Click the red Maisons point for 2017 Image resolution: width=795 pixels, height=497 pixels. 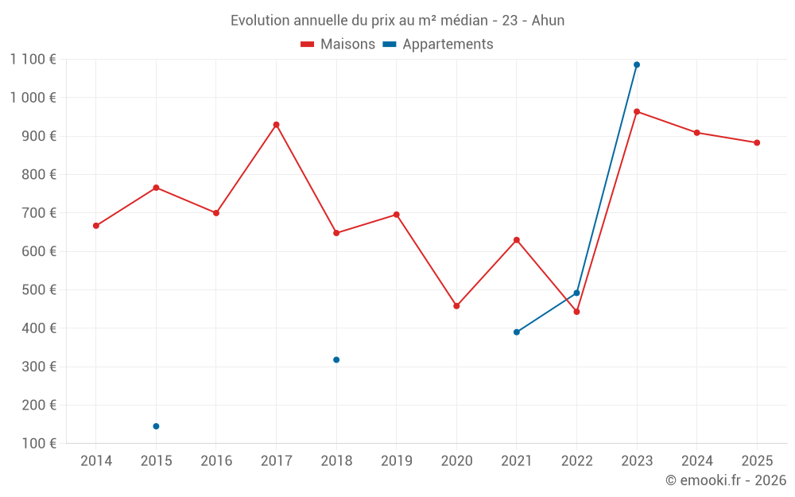276,125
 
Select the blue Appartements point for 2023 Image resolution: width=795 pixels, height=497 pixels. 637,65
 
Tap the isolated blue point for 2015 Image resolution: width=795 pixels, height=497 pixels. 156,426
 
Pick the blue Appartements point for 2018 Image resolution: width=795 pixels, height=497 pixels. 336,360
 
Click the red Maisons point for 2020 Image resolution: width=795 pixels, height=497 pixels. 456,306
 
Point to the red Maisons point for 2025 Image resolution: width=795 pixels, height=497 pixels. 757,143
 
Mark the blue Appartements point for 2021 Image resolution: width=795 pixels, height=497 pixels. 517,332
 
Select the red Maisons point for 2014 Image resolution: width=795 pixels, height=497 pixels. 96,226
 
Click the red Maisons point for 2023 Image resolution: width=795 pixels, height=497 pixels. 637,112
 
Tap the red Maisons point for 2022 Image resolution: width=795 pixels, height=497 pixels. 577,312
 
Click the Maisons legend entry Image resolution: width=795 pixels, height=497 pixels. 338,45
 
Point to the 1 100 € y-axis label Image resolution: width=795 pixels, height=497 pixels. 33,59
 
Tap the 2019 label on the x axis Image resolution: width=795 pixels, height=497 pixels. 397,461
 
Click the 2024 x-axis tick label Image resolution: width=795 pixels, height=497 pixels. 697,461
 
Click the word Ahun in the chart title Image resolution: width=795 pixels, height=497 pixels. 548,21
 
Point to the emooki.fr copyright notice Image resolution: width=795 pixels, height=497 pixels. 725,480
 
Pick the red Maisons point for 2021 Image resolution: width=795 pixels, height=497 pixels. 517,240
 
